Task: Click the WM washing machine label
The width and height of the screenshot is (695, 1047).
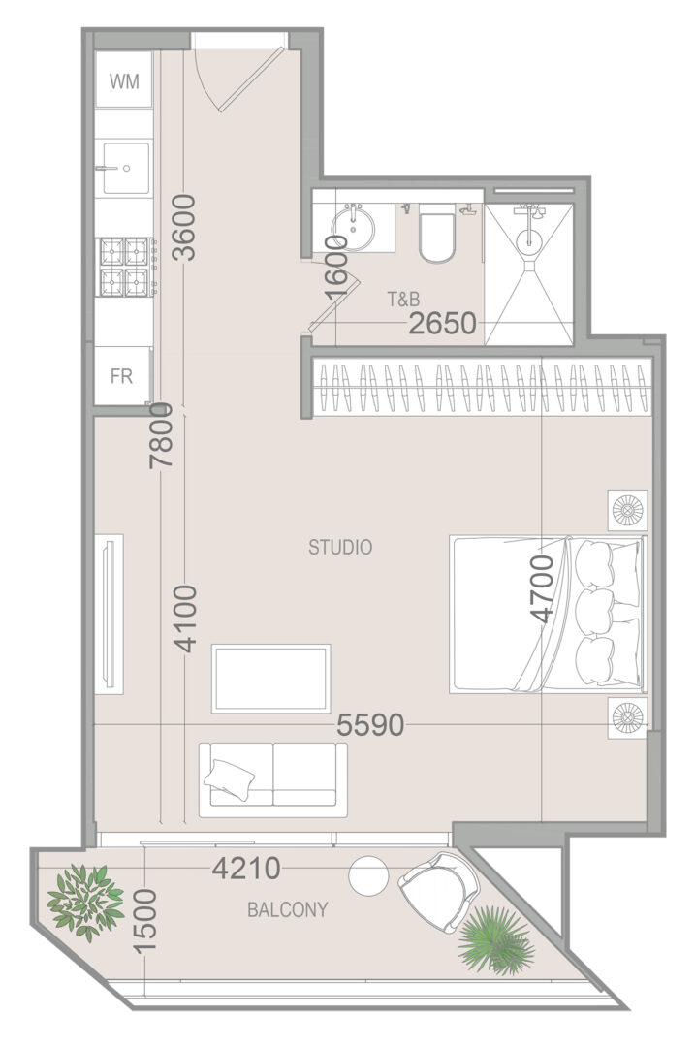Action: pyautogui.click(x=124, y=81)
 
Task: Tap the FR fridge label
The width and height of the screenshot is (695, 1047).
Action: pyautogui.click(x=121, y=376)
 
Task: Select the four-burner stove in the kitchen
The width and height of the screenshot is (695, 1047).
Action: pyautogui.click(x=124, y=268)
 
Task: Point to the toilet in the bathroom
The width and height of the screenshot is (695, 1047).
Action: pyautogui.click(x=436, y=238)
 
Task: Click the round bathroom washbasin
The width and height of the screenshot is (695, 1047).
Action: pyautogui.click(x=354, y=226)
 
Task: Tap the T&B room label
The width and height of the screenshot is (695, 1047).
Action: pyautogui.click(x=404, y=300)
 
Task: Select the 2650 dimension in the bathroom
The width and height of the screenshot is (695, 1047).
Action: pyautogui.click(x=443, y=324)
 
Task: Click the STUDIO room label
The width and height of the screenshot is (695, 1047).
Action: pyautogui.click(x=340, y=548)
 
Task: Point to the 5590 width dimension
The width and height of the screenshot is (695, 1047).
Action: pyautogui.click(x=370, y=724)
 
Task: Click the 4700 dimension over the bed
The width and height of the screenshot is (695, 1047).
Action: pyautogui.click(x=542, y=588)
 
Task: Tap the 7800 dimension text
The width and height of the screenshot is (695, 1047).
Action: pyautogui.click(x=162, y=435)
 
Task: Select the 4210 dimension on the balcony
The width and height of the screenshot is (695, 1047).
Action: pyautogui.click(x=246, y=869)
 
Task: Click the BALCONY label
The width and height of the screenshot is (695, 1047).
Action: pyautogui.click(x=288, y=909)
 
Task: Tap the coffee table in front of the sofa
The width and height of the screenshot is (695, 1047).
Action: pyautogui.click(x=271, y=679)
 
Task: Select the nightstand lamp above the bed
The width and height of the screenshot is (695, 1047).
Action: pyautogui.click(x=627, y=511)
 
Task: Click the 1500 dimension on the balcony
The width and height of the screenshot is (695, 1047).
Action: pyautogui.click(x=144, y=920)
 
